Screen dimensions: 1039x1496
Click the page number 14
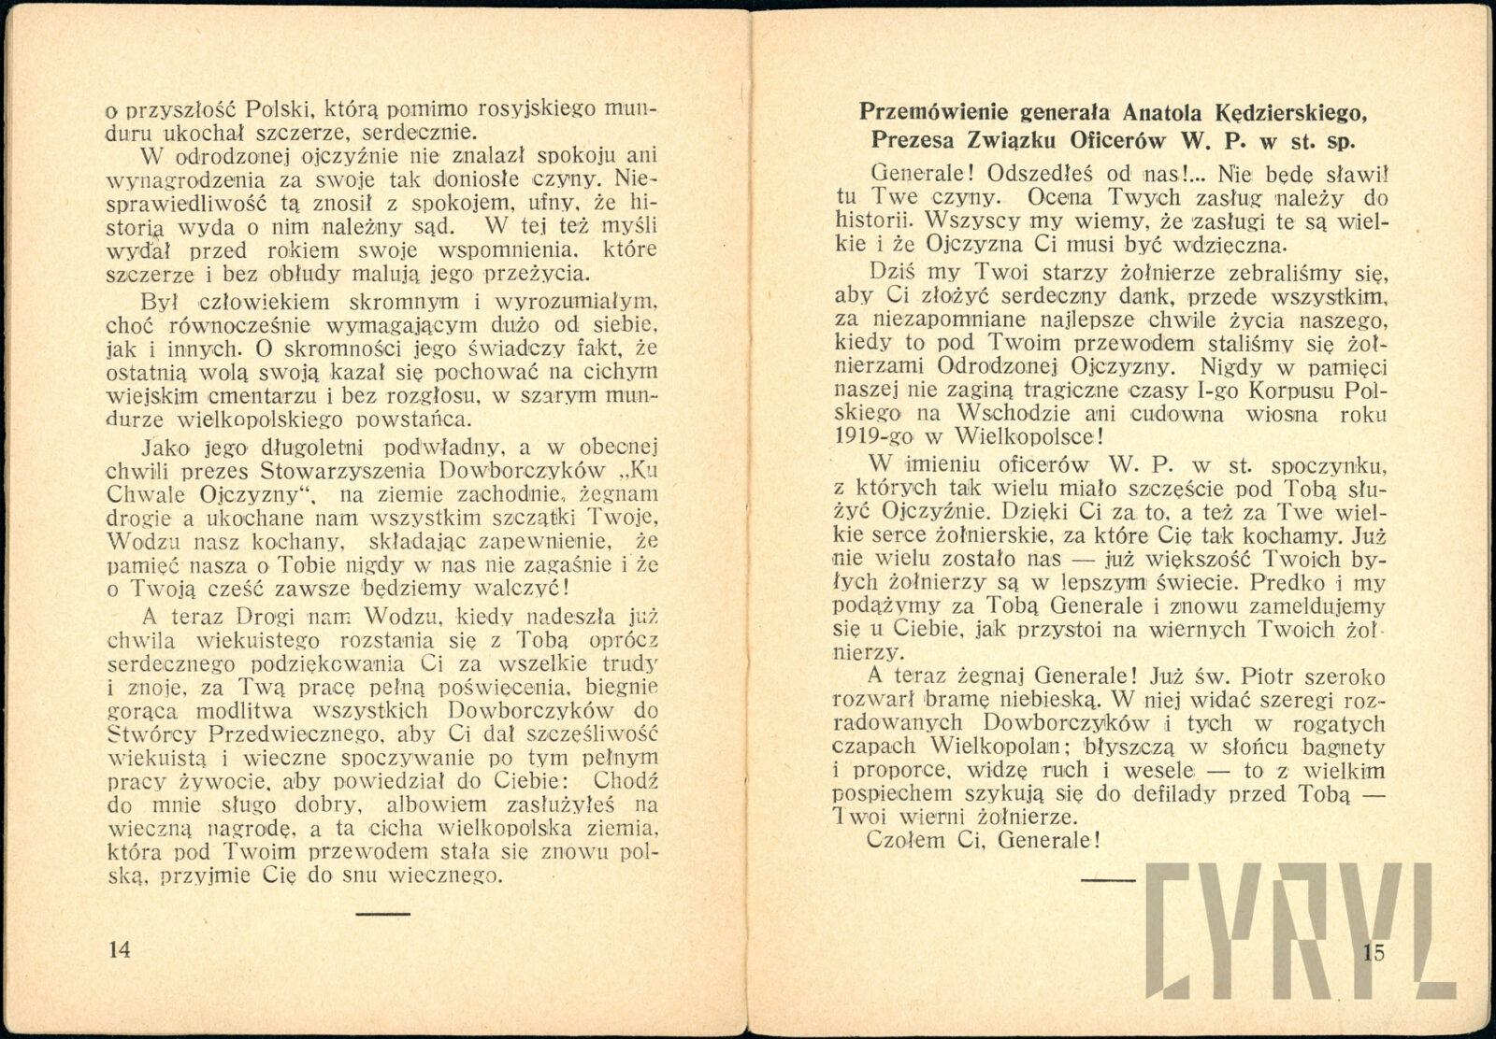[120, 950]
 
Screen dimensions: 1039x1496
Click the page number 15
[1373, 953]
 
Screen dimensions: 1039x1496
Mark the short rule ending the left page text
[383, 913]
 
